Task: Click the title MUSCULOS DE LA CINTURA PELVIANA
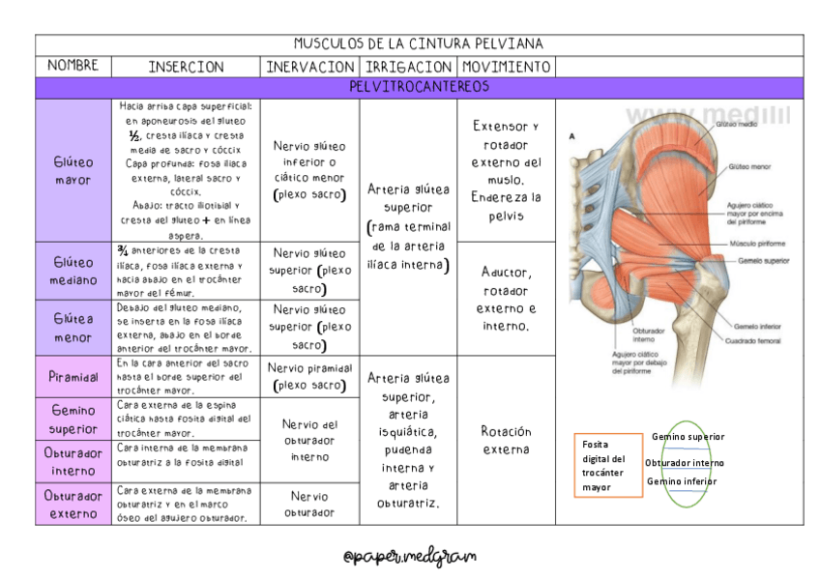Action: click(x=419, y=44)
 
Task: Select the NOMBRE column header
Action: click(x=73, y=66)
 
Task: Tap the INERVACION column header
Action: click(x=309, y=67)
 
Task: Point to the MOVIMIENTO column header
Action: click(x=506, y=67)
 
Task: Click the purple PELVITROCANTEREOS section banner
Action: click(x=419, y=87)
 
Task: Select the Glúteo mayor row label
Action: click(x=73, y=171)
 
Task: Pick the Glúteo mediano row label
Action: click(x=73, y=271)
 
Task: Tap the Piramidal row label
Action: click(x=73, y=376)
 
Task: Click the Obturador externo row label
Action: click(x=73, y=505)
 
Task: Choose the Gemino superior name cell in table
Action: click(x=73, y=419)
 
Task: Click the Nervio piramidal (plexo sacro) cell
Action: click(x=309, y=376)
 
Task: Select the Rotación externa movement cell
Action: click(x=506, y=440)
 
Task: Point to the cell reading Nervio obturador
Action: click(x=309, y=504)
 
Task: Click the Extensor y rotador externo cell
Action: click(x=506, y=170)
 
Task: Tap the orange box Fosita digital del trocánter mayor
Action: click(x=607, y=465)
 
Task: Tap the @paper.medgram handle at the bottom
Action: click(x=410, y=556)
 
